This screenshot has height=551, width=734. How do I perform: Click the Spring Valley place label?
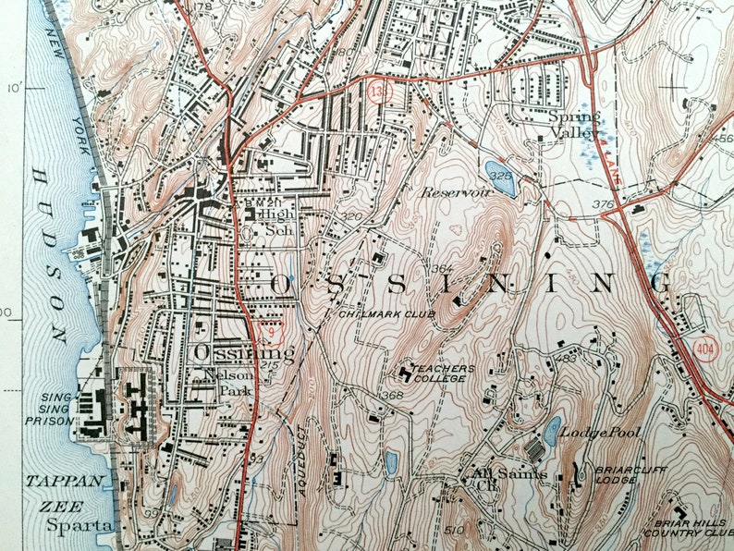pyautogui.click(x=574, y=125)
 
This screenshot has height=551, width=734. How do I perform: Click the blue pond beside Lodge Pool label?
pyautogui.click(x=552, y=429)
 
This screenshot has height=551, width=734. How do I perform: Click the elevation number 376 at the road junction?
pyautogui.click(x=606, y=204)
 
